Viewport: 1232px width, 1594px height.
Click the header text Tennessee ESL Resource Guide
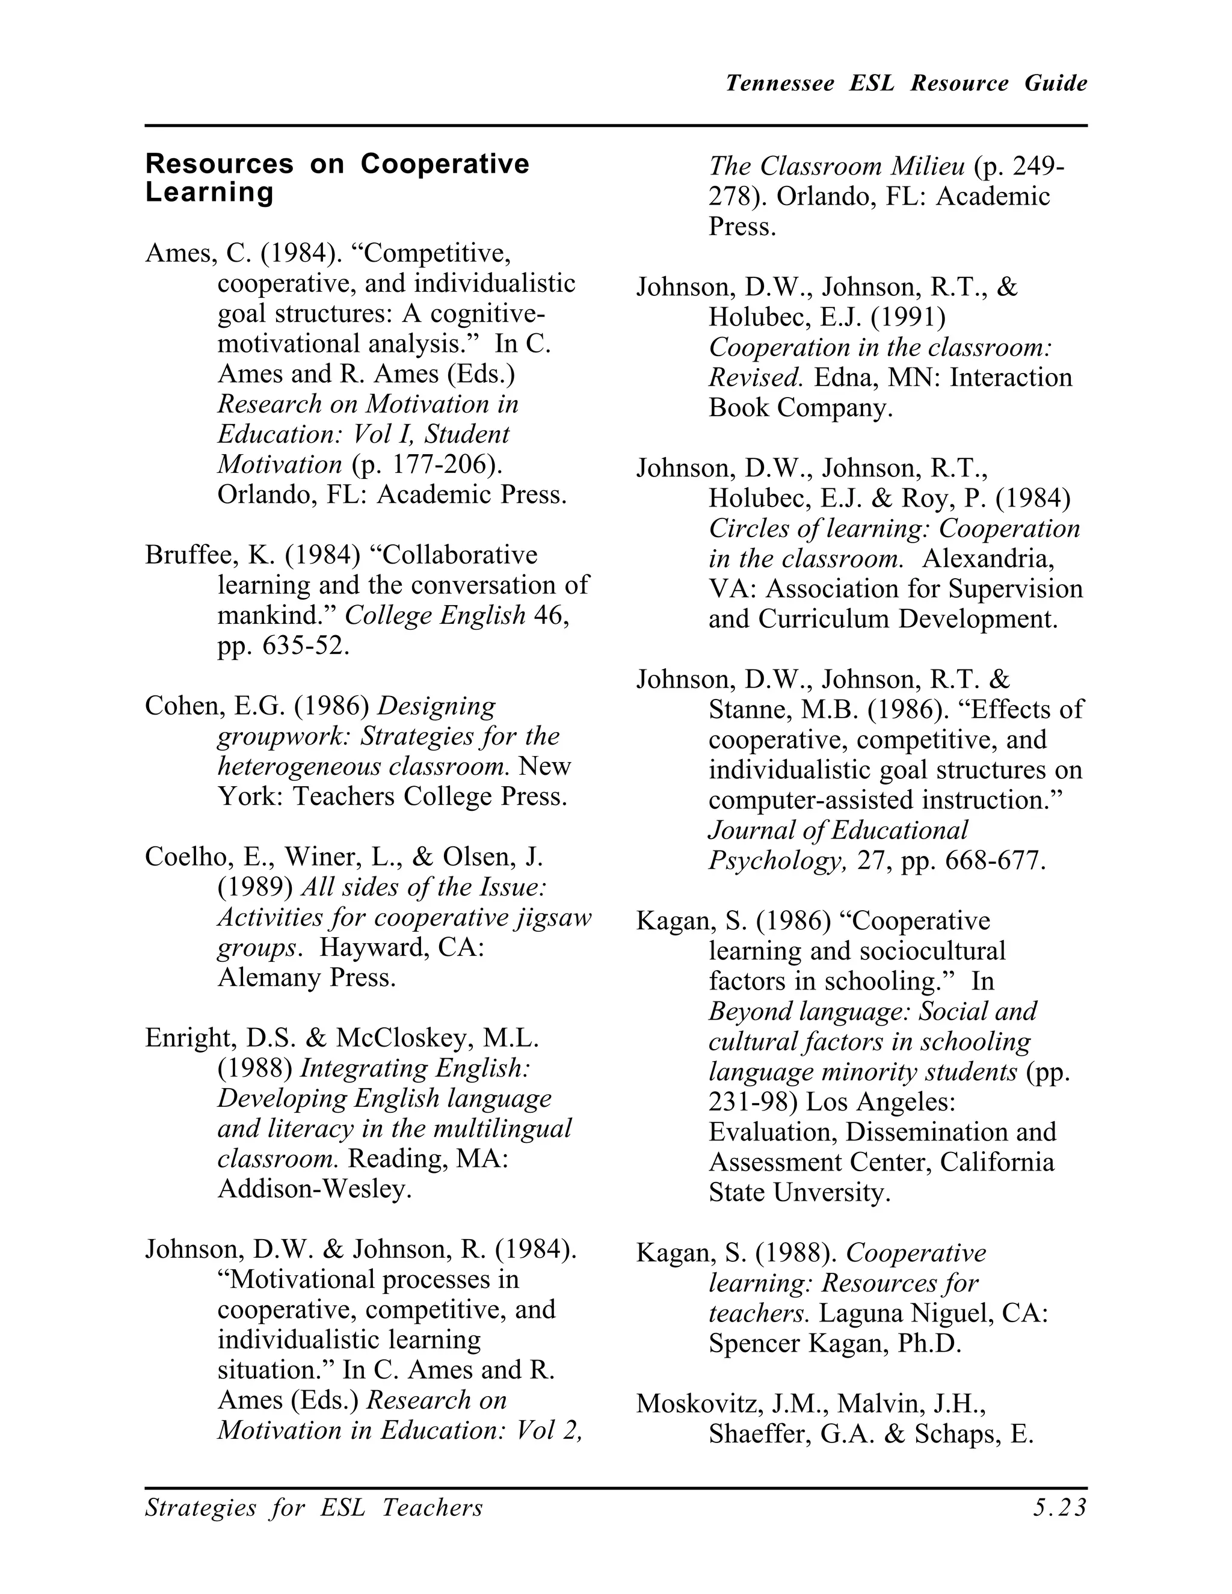point(906,83)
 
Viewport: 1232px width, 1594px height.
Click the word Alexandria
point(988,559)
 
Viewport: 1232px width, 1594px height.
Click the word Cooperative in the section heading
point(445,164)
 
